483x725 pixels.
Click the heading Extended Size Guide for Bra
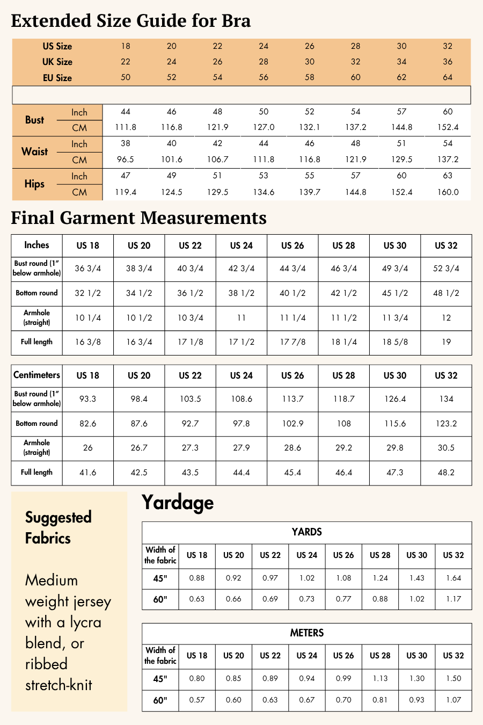[x=131, y=21]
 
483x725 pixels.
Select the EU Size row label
[x=57, y=78]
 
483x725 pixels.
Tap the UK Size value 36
[x=448, y=62]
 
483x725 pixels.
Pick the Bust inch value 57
[x=401, y=112]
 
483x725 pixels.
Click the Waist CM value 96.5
[x=126, y=160]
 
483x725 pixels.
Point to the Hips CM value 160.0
[x=448, y=192]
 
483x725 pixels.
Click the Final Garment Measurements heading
[x=138, y=218]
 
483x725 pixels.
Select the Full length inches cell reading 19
[x=446, y=342]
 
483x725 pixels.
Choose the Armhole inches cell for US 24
[x=241, y=318]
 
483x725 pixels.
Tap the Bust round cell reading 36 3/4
[x=87, y=269]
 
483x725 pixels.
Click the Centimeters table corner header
[x=36, y=375]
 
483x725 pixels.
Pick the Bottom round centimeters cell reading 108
[x=343, y=424]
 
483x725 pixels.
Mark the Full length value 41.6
[x=87, y=473]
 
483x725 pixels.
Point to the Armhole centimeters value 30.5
[x=446, y=448]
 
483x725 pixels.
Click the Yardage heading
[x=178, y=503]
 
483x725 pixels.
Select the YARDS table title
[x=306, y=532]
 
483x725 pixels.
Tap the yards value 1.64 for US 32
[x=453, y=578]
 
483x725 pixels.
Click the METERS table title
[x=306, y=633]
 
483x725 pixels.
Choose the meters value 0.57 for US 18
[x=197, y=700]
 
